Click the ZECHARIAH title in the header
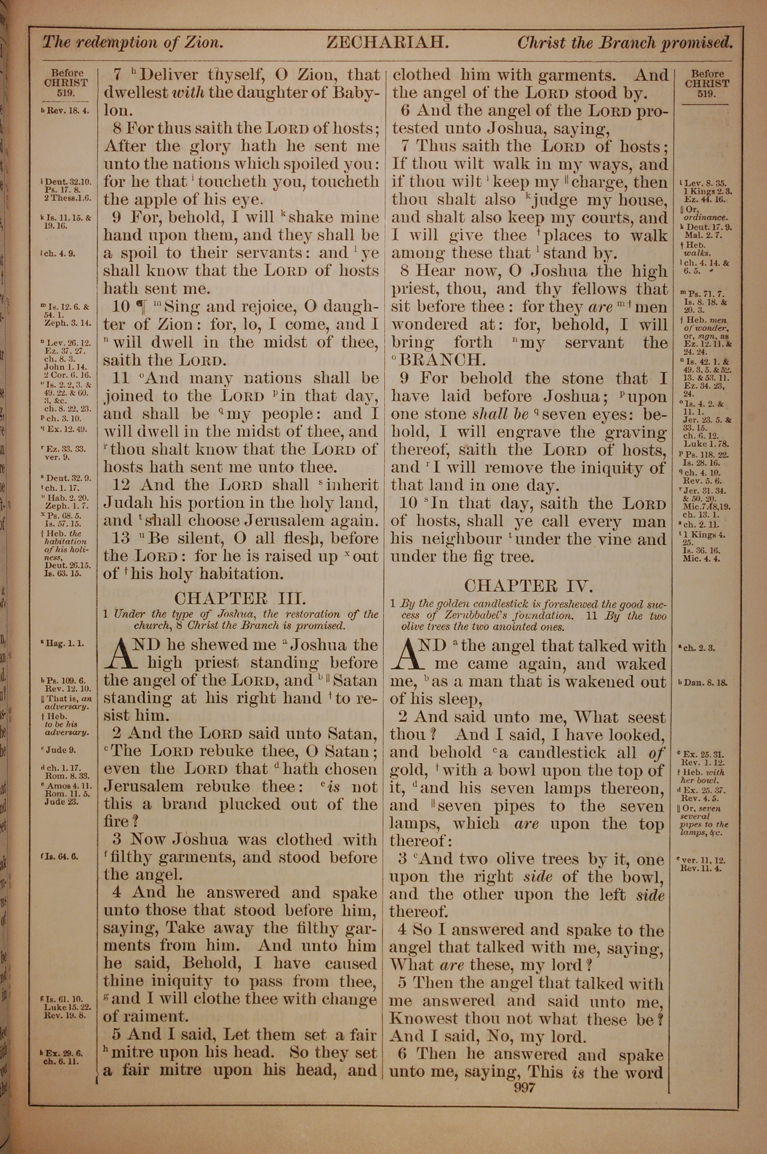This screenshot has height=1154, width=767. (387, 43)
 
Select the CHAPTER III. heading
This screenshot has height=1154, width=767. (240, 598)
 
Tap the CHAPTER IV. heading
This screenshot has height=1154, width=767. (528, 585)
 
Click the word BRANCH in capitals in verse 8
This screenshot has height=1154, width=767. (442, 361)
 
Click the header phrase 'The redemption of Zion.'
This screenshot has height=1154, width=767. (133, 43)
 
